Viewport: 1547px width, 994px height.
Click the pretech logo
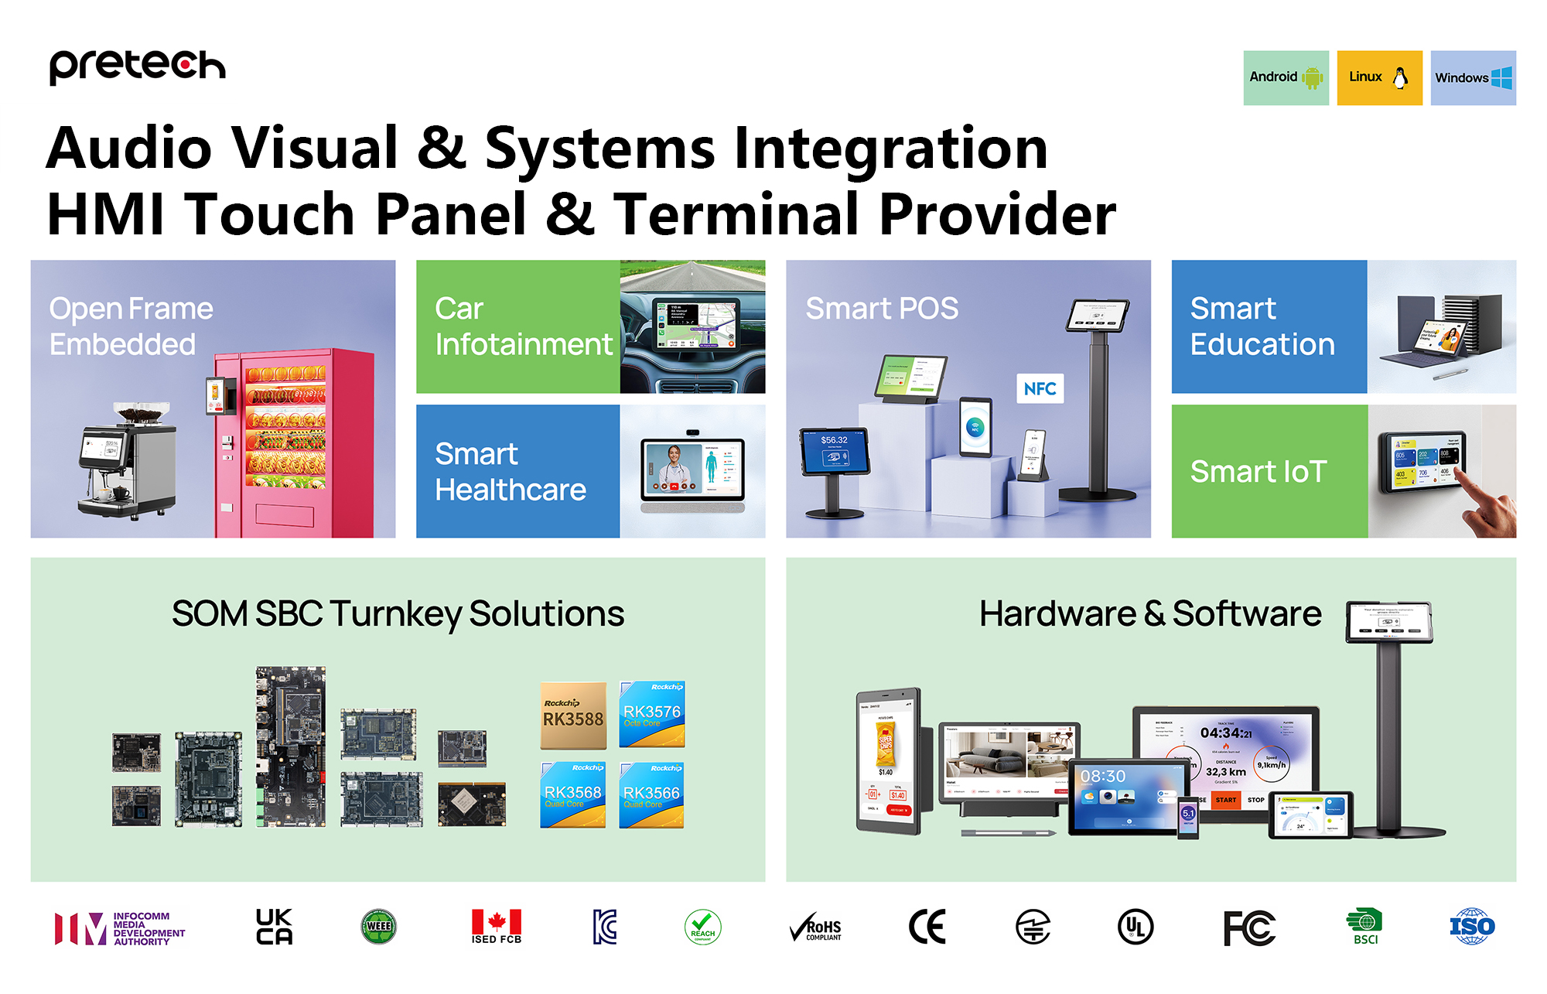pyautogui.click(x=137, y=66)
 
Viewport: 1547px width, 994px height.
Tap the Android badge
pyautogui.click(x=1286, y=77)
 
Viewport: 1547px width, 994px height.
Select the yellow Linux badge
pyautogui.click(x=1379, y=77)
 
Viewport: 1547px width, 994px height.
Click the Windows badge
pyautogui.click(x=1473, y=77)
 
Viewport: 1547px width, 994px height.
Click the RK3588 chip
pyautogui.click(x=573, y=716)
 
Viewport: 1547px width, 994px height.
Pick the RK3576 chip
pyautogui.click(x=651, y=714)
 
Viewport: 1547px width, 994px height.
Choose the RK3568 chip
pyautogui.click(x=572, y=794)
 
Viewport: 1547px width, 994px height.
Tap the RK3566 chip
pyautogui.click(x=651, y=794)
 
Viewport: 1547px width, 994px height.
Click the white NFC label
pyautogui.click(x=1039, y=388)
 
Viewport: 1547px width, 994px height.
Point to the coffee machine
pyautogui.click(x=124, y=460)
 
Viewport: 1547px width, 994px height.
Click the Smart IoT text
pyautogui.click(x=1258, y=472)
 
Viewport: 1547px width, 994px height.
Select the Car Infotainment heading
pyautogui.click(x=523, y=326)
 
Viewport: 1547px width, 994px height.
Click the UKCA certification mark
pyautogui.click(x=274, y=927)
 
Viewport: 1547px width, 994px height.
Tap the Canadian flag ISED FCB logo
pyautogui.click(x=497, y=927)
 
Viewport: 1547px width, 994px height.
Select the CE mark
pyautogui.click(x=927, y=927)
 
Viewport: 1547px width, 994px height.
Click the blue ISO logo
pyautogui.click(x=1471, y=927)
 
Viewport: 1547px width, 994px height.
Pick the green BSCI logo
pyautogui.click(x=1364, y=927)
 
